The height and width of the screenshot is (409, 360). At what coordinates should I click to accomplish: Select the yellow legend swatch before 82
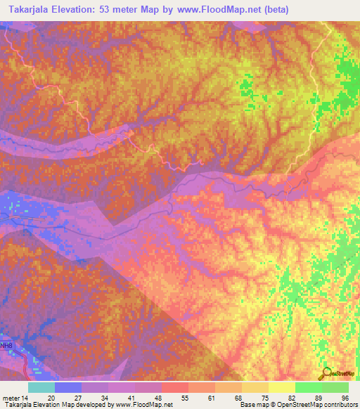point(281,387)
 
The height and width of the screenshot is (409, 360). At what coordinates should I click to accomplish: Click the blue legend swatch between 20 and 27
point(67,387)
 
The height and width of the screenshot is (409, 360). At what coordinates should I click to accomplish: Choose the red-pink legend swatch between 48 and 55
point(174,387)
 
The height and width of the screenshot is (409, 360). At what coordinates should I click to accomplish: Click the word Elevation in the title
point(80,10)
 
